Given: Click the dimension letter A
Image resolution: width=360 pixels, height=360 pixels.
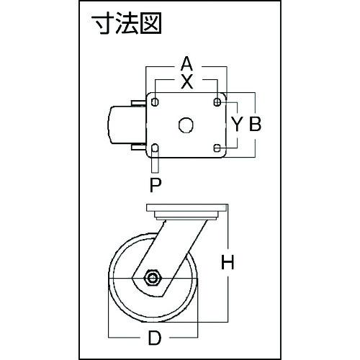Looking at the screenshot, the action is tap(186, 64).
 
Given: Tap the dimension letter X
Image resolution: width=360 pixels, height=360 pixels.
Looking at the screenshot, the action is tap(187, 82).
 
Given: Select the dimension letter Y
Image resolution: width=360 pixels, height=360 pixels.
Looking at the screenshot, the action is tap(237, 124).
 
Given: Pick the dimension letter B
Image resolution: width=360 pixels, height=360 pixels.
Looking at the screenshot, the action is tap(255, 124).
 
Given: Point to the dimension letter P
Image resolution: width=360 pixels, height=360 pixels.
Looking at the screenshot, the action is tap(156, 185).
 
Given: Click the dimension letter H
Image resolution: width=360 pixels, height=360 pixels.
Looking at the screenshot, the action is tap(228, 262).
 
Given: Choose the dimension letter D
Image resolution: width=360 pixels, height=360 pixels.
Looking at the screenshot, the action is tap(155, 338).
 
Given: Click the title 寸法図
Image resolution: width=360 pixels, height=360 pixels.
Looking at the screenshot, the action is tap(127, 23).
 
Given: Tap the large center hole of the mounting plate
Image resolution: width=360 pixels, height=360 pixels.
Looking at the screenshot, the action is tap(186, 125).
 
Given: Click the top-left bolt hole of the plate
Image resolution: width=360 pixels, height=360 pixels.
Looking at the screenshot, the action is tap(155, 102).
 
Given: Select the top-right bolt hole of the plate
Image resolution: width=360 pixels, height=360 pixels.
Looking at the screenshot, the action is tap(217, 102).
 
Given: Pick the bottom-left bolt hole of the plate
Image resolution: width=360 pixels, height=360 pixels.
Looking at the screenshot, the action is tap(155, 148).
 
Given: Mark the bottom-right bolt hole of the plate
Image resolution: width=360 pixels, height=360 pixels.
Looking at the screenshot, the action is tap(217, 148).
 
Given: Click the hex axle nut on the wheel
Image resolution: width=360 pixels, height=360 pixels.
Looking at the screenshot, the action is tap(153, 278).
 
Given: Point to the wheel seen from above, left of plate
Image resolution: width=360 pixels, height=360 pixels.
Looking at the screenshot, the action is tap(127, 125).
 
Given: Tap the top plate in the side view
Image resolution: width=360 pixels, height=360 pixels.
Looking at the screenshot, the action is tap(186, 207).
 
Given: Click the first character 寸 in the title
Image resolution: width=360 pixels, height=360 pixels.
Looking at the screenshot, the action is tap(104, 23).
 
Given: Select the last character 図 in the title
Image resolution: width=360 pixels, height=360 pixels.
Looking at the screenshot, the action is tap(150, 23).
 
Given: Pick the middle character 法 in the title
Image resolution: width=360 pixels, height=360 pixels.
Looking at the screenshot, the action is tap(127, 23).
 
